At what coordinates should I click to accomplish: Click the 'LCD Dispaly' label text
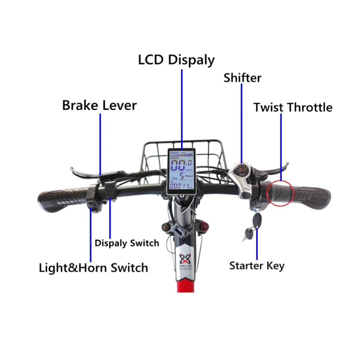click(x=176, y=60)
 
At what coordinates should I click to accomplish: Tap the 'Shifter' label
click(x=242, y=77)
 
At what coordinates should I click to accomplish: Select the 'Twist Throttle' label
click(x=293, y=107)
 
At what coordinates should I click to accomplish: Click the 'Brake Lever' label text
click(x=99, y=105)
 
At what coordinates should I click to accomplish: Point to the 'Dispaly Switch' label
click(x=127, y=243)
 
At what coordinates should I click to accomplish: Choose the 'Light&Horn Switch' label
click(x=93, y=268)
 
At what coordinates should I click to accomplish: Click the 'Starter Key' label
click(x=257, y=266)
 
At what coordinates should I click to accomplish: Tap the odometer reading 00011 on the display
click(x=180, y=186)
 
